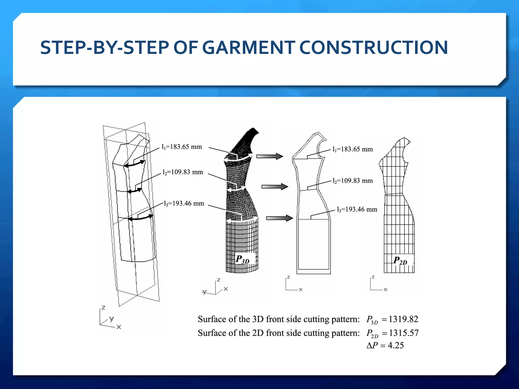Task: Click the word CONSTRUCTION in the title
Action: tap(374, 48)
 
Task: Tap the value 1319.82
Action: tap(403, 319)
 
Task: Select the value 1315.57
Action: tap(404, 333)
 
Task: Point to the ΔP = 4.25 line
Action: tap(385, 345)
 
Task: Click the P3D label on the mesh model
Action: tap(243, 259)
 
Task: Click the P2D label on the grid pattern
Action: tap(400, 261)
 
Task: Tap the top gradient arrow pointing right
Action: tap(270, 156)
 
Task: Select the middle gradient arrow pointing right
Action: tap(275, 187)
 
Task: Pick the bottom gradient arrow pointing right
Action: tap(280, 218)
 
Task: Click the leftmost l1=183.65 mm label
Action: tap(182, 147)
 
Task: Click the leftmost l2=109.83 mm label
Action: tap(183, 172)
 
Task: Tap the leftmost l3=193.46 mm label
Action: tap(184, 204)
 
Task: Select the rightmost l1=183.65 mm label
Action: tap(353, 149)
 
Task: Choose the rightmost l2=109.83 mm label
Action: tap(353, 181)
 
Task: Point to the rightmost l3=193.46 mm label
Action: tap(357, 209)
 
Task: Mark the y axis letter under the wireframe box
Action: tap(112, 318)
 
